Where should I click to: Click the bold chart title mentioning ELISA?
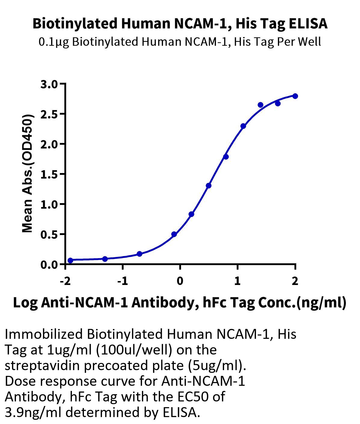click(180, 24)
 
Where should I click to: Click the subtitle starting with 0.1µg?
click(180, 42)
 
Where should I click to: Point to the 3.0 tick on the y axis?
click(49, 85)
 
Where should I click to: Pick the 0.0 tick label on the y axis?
click(49, 265)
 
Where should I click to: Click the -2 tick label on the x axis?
click(65, 281)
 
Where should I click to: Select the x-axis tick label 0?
click(180, 281)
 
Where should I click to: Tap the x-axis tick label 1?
click(237, 281)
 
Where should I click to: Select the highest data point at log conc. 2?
click(295, 96)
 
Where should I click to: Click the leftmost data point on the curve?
click(70, 260)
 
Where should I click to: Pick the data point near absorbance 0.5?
click(174, 234)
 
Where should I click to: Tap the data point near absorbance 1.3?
click(209, 186)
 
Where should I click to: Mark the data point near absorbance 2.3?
click(243, 126)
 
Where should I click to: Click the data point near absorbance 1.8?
click(226, 157)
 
